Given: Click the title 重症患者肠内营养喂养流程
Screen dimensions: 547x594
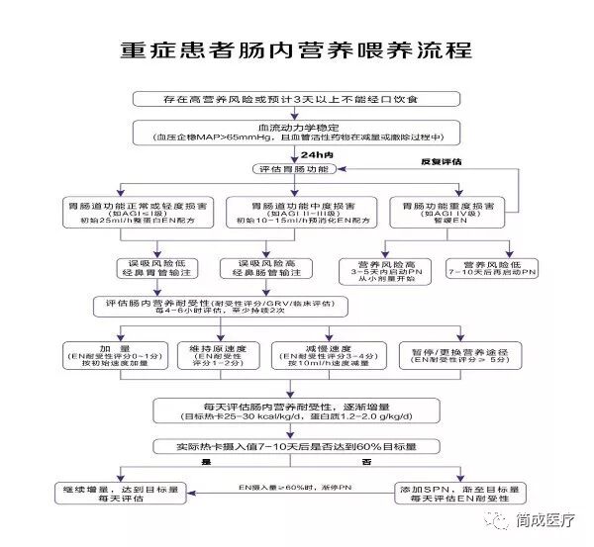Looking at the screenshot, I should [x=297, y=50].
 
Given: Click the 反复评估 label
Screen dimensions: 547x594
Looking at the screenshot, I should [x=442, y=159].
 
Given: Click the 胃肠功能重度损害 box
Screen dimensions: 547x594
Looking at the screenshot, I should [x=445, y=210].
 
